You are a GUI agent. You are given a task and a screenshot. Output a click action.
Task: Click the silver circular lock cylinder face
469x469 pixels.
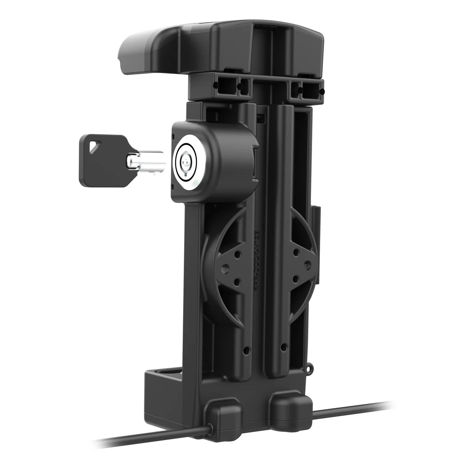[186, 162]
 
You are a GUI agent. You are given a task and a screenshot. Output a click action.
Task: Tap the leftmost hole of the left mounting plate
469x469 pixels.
[225, 267]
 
